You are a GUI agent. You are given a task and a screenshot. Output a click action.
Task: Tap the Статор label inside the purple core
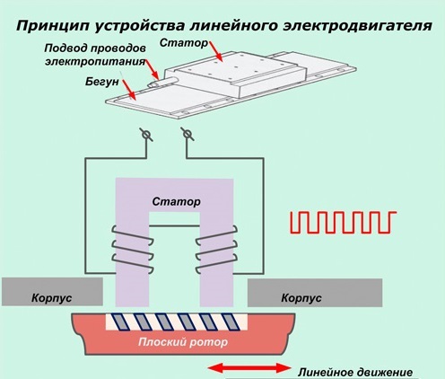coord(176,201)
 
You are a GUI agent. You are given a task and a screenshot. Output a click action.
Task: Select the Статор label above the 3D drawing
coord(183,43)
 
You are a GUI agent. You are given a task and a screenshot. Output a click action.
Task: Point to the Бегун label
coord(102,82)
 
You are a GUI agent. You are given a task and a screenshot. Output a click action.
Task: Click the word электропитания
coord(95,62)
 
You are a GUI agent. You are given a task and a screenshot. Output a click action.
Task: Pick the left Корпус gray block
coord(52,292)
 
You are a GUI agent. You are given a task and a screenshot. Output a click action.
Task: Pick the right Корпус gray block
coord(315,293)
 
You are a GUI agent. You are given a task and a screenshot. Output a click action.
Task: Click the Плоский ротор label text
coord(183,342)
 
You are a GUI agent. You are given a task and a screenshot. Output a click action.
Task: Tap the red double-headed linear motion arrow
coord(249,368)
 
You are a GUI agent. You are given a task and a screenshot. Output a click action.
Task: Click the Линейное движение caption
coord(355,373)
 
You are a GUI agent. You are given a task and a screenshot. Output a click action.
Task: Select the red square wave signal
coord(344,222)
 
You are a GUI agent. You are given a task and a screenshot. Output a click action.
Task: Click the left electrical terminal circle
coord(146,135)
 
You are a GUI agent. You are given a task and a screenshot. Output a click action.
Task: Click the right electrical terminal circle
coord(188,134)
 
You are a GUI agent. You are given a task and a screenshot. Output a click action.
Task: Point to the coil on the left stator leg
coord(133,250)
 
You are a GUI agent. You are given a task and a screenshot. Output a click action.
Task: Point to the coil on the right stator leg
coord(216,249)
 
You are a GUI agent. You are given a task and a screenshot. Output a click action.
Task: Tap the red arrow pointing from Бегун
coord(129,89)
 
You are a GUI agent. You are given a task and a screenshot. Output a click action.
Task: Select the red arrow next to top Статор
coord(215,51)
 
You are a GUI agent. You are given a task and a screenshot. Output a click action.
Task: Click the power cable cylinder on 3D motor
coord(163,82)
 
